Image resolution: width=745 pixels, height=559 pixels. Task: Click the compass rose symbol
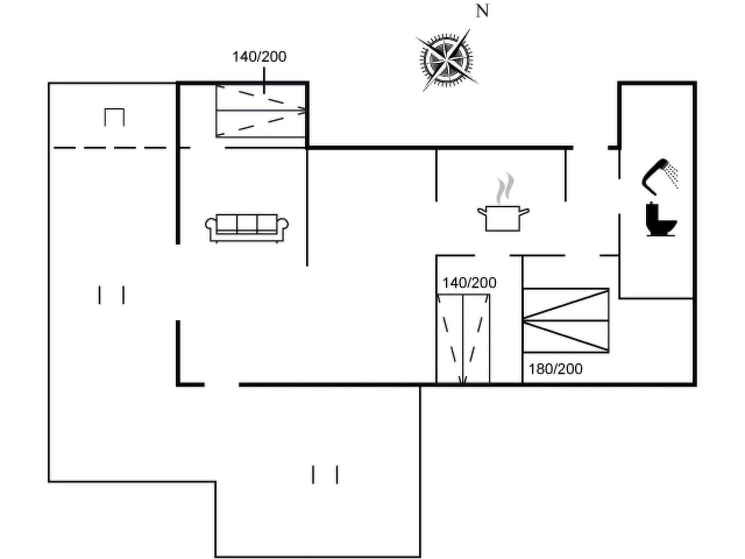(x=447, y=60)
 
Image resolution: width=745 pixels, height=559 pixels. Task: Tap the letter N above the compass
(x=482, y=11)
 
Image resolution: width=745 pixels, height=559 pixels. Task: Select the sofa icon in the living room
(x=247, y=228)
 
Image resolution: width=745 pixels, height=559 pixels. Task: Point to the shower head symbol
(x=660, y=177)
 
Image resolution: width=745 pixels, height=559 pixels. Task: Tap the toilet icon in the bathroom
(x=661, y=219)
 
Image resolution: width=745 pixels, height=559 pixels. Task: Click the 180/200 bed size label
(x=555, y=369)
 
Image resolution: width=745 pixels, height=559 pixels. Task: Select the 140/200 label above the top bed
(x=259, y=57)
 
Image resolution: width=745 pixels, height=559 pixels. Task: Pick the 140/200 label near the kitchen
(x=469, y=283)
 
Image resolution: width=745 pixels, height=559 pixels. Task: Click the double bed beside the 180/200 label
(x=566, y=321)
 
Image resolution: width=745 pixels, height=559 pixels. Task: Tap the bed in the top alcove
(x=261, y=111)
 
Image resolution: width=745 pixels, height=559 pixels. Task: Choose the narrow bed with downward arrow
(x=463, y=339)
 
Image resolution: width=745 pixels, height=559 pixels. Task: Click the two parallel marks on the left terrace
(x=111, y=295)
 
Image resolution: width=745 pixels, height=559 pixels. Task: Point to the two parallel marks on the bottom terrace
(x=325, y=474)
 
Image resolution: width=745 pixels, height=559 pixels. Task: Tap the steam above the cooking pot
(x=505, y=188)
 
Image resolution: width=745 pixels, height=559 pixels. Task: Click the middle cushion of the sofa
(x=247, y=224)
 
